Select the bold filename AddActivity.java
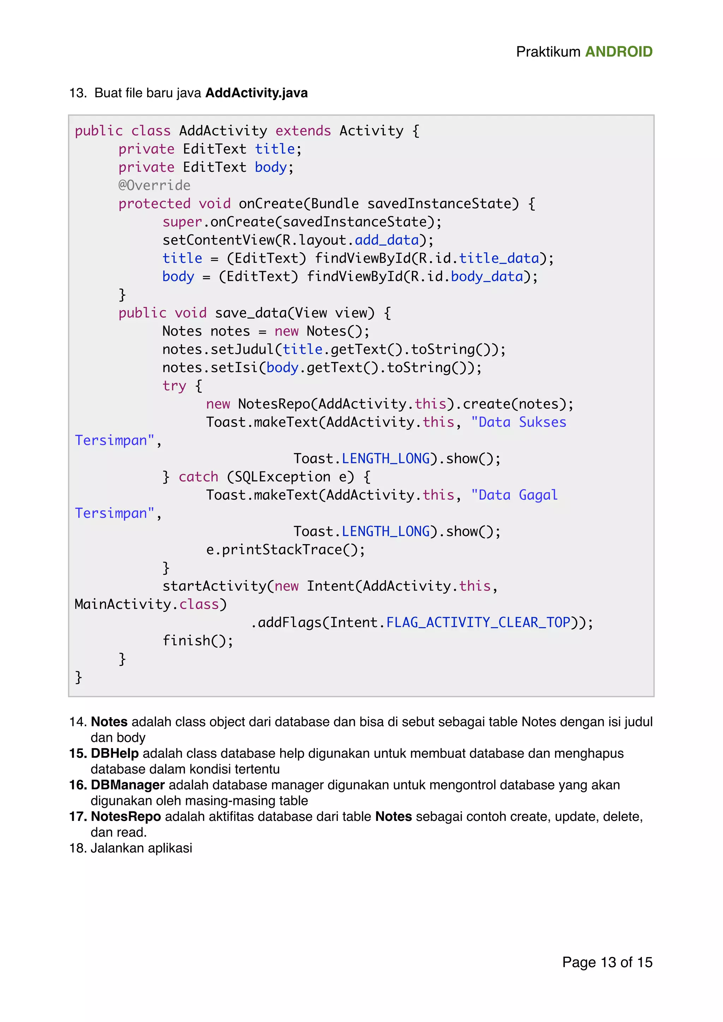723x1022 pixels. [x=256, y=93]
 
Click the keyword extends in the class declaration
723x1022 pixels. [x=303, y=131]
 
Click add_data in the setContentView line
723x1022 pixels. [x=387, y=240]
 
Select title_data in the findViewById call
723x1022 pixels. [x=498, y=258]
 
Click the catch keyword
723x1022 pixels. [x=198, y=477]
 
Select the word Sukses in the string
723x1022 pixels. [x=542, y=422]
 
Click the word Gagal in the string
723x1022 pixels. [x=538, y=495]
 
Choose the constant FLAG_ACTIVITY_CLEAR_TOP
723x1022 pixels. [x=478, y=622]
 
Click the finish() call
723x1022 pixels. [x=197, y=641]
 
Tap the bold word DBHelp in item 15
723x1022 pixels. [x=114, y=753]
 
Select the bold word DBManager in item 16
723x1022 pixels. [x=127, y=785]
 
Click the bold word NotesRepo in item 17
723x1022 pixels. [x=126, y=816]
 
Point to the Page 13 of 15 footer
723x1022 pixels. [x=607, y=962]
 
